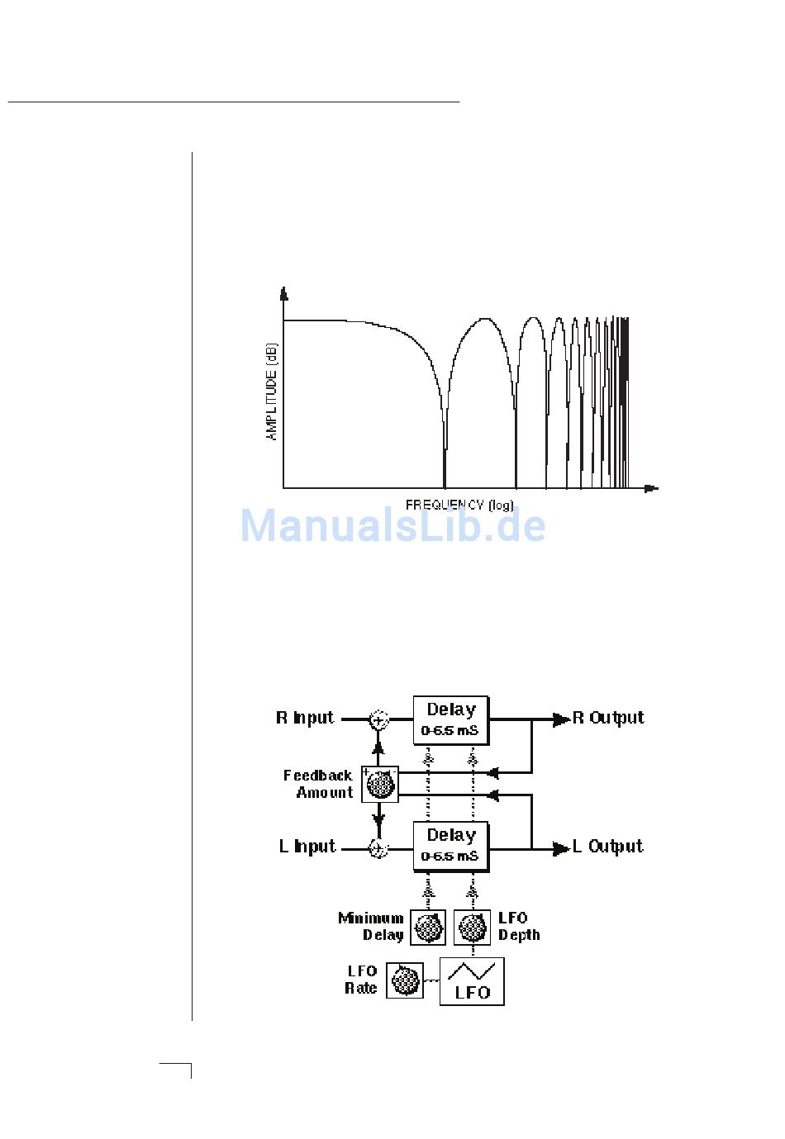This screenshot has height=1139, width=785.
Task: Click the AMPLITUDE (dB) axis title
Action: tap(272, 392)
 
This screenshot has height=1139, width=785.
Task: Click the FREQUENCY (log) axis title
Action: tap(459, 505)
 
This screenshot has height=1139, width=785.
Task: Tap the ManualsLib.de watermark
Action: tap(392, 526)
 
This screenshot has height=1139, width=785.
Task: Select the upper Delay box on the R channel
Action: tap(451, 720)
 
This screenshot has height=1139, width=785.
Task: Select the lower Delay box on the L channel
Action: tap(451, 846)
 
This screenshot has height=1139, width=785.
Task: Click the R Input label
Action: tap(305, 718)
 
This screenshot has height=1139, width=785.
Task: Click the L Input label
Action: tap(307, 847)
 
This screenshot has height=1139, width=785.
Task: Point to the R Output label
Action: tap(608, 718)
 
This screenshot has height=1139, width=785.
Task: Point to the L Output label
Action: tap(608, 847)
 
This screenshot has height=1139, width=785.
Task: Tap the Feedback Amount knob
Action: tap(380, 784)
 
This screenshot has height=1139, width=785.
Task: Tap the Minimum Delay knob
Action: tap(428, 928)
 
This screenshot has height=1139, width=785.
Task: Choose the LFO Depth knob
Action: tap(473, 928)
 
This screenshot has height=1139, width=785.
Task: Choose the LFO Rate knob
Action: tap(405, 980)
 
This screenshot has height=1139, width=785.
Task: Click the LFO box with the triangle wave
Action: tap(472, 981)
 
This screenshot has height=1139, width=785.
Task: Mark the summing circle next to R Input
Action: tap(378, 720)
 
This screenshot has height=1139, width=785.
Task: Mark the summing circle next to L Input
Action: tap(378, 848)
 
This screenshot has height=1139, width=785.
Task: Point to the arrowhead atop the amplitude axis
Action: tap(284, 293)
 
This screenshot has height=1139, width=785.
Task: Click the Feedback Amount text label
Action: tap(319, 784)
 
